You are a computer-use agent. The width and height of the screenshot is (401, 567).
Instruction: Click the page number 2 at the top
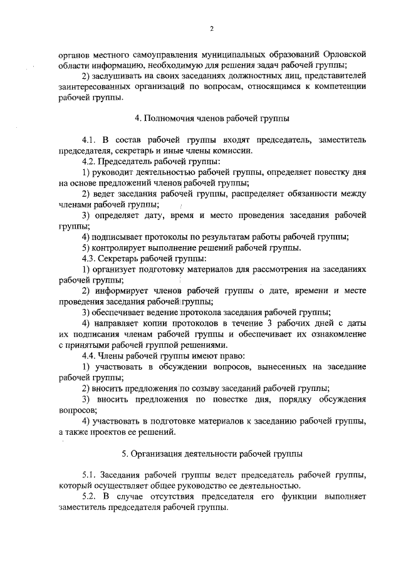pyautogui.click(x=212, y=29)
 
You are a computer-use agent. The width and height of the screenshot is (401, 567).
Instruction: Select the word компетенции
pyautogui.click(x=339, y=86)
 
